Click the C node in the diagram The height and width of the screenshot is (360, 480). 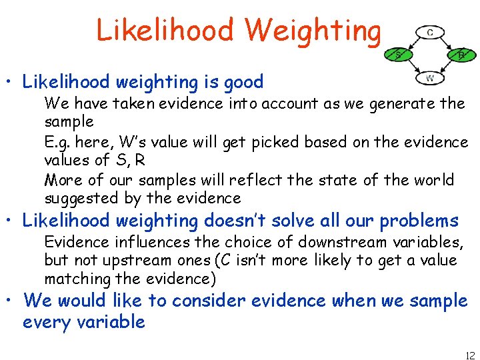pyautogui.click(x=430, y=32)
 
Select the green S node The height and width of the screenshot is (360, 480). pyautogui.click(x=398, y=55)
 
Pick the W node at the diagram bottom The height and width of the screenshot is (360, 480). pyautogui.click(x=430, y=79)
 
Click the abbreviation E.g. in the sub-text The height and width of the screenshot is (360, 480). pyautogui.click(x=57, y=142)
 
